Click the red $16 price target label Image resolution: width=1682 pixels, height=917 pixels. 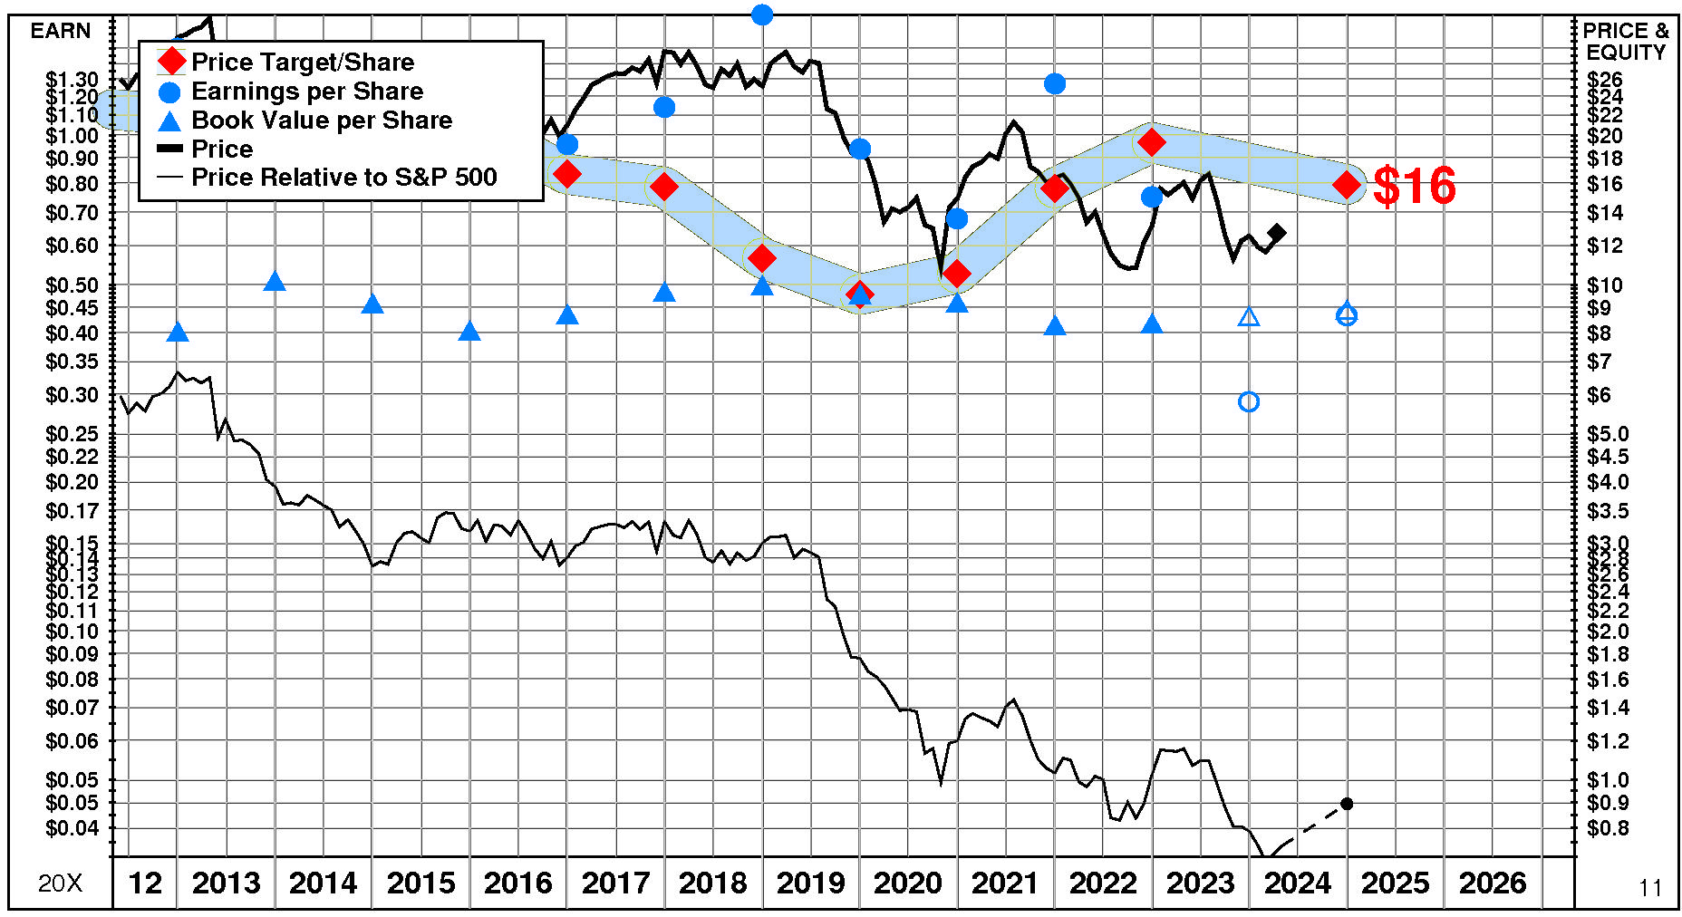(x=1414, y=186)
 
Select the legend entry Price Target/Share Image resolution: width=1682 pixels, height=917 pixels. (x=302, y=63)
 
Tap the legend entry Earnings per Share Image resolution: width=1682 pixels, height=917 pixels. (x=306, y=92)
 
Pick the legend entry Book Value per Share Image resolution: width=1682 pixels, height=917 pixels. (x=321, y=121)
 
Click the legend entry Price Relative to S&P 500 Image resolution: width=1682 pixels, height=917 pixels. (x=343, y=178)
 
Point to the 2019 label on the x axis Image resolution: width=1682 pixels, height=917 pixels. (x=810, y=883)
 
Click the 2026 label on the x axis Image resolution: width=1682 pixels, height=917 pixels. (x=1493, y=883)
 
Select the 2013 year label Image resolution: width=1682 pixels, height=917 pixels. (x=226, y=883)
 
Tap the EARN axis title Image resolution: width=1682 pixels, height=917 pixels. (x=61, y=31)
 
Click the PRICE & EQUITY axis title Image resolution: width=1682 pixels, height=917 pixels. (x=1626, y=42)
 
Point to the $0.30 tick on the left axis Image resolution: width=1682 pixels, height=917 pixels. (x=72, y=395)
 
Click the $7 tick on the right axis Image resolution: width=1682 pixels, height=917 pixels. (x=1599, y=362)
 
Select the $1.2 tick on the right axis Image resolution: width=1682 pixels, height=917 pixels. (x=1607, y=741)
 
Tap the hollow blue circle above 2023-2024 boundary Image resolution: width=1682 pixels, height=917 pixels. (x=1248, y=401)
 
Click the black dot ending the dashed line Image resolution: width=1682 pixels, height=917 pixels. (x=1347, y=804)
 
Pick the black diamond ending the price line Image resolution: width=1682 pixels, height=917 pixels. (x=1277, y=233)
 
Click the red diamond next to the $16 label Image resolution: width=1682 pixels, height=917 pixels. (x=1347, y=185)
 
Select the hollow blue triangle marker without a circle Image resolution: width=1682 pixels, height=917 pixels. (x=1249, y=317)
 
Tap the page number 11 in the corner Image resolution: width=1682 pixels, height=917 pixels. (x=1650, y=888)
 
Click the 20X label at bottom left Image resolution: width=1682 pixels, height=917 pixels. (x=60, y=883)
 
